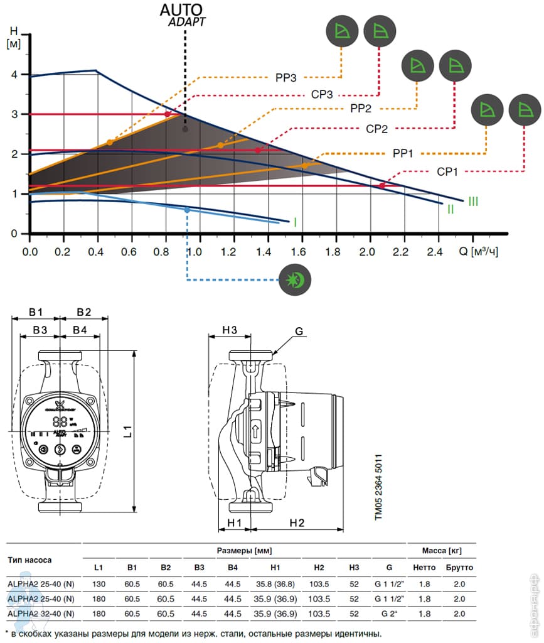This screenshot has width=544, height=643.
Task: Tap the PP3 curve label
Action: [285, 78]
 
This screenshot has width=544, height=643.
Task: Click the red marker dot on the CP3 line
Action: [167, 114]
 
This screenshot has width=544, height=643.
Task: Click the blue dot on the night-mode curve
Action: [187, 210]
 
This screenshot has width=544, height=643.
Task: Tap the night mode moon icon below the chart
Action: [296, 279]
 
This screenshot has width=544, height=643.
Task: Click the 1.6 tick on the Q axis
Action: [299, 252]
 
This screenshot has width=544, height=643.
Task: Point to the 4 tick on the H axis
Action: [14, 75]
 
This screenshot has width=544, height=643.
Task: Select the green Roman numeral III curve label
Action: [472, 202]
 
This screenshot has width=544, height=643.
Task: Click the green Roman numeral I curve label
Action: [295, 222]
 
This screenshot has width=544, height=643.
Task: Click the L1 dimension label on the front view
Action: [127, 431]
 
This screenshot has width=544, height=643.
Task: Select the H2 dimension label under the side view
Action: [297, 522]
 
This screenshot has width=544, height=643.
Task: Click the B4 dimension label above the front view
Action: [80, 330]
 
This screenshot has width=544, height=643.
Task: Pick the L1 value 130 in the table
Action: [99, 583]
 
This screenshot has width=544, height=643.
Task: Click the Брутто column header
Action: [459, 567]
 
